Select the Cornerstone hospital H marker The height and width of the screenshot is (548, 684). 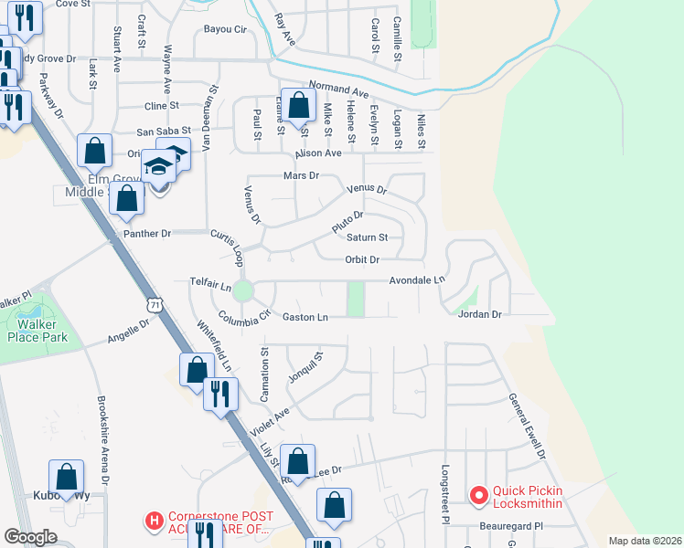(154, 522)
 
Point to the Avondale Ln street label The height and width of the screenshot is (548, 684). (417, 280)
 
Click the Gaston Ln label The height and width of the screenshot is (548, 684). (305, 317)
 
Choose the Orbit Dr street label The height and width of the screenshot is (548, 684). (362, 259)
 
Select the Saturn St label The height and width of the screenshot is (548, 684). (368, 237)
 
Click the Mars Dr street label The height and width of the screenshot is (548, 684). (301, 174)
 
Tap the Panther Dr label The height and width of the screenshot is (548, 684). (147, 234)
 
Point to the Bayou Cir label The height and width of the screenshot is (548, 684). (226, 29)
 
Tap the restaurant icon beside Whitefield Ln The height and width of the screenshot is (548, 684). (220, 394)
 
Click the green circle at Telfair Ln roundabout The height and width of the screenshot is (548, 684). (242, 291)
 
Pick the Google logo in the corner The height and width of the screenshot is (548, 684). (31, 537)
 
